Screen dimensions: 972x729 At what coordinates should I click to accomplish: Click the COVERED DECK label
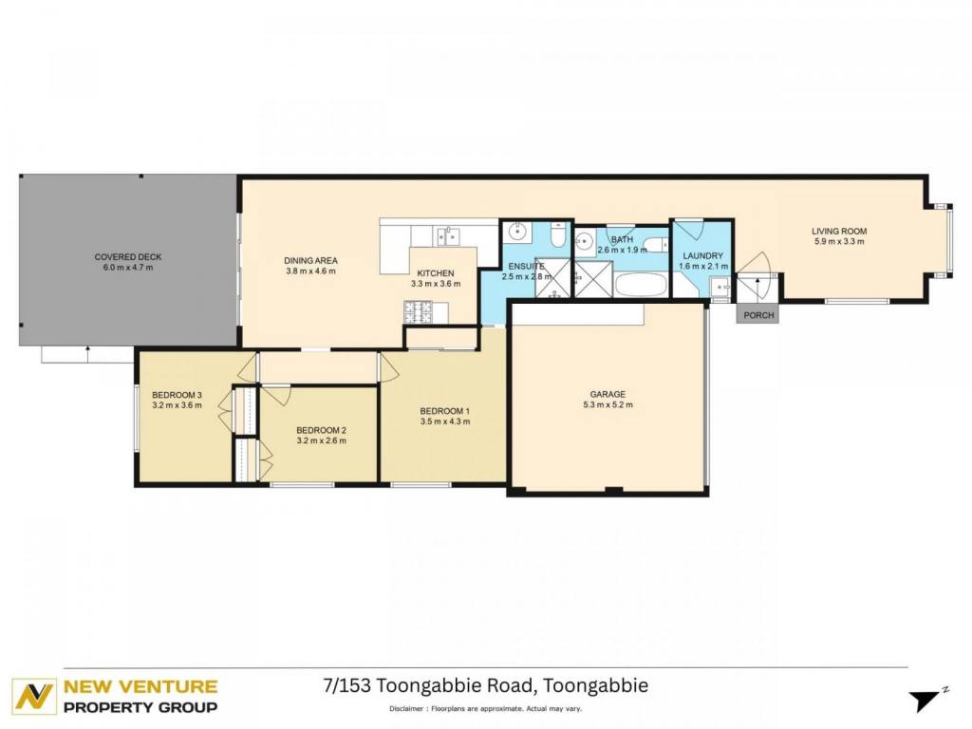click(128, 256)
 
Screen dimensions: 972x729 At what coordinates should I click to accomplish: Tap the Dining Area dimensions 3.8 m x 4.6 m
click(310, 271)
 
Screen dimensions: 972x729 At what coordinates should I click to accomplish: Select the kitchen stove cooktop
click(419, 311)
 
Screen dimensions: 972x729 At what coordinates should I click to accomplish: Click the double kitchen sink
click(448, 236)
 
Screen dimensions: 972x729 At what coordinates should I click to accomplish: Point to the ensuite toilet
click(557, 235)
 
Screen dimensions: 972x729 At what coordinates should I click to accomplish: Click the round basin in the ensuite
click(517, 234)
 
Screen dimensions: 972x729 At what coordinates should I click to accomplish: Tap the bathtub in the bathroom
click(641, 285)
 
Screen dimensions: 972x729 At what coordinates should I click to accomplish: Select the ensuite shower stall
click(553, 277)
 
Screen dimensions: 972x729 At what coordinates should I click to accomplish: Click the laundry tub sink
click(720, 288)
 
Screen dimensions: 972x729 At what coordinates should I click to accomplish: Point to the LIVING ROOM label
click(839, 232)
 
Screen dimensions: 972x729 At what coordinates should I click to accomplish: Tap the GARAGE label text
click(607, 394)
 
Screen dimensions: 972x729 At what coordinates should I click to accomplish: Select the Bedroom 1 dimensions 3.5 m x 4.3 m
click(445, 421)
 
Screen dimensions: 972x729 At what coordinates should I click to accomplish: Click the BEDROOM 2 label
click(321, 430)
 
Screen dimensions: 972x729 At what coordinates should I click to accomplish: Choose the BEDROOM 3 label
click(177, 395)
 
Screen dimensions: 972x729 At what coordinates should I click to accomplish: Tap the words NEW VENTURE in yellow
click(140, 687)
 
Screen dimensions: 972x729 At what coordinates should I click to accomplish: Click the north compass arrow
click(926, 701)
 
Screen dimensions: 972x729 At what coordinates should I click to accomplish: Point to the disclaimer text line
click(485, 708)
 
